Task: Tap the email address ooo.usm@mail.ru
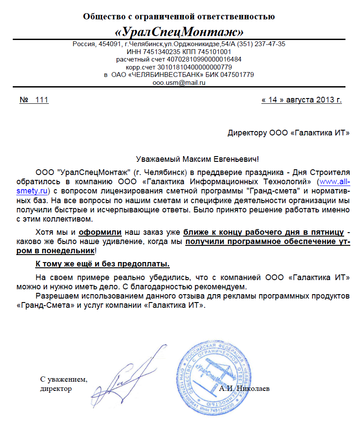pyautogui.click(x=179, y=82)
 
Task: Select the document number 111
pyautogui.click(x=41, y=100)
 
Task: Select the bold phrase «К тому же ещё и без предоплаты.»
pyautogui.click(x=103, y=264)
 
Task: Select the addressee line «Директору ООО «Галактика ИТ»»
pyautogui.click(x=288, y=133)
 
